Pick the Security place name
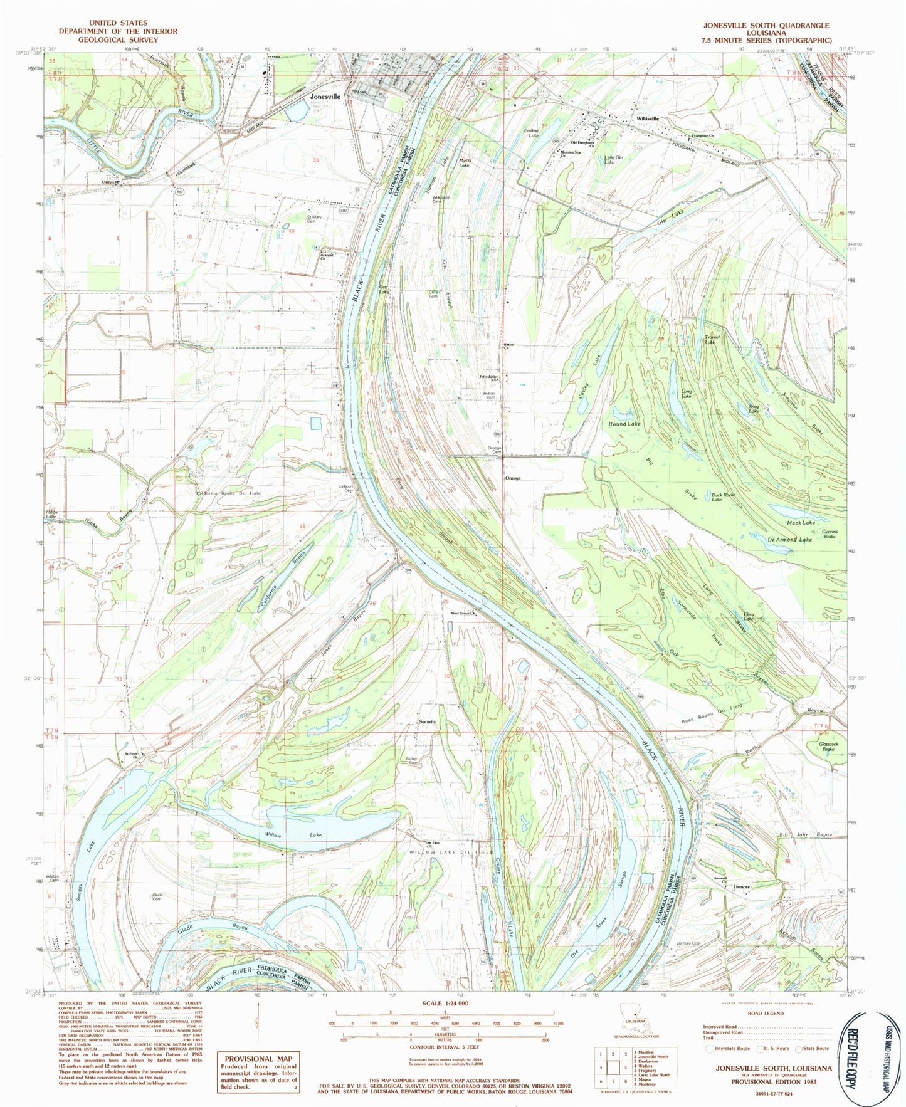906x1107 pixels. click(427, 722)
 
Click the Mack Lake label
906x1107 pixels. click(801, 522)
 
